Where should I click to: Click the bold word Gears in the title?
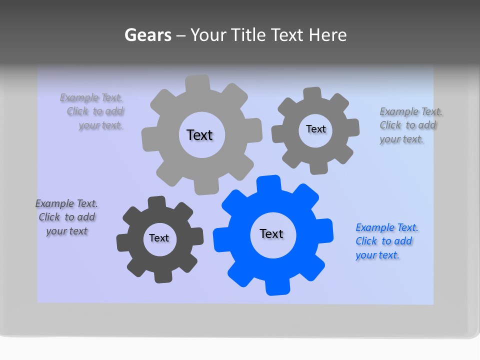click(x=148, y=35)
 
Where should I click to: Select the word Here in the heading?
click(x=327, y=35)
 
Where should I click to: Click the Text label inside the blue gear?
click(x=271, y=234)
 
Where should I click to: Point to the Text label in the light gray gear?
click(x=199, y=135)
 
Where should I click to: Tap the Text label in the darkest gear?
click(x=159, y=238)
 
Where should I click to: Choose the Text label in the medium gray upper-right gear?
click(x=315, y=129)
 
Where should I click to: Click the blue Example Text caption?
click(x=386, y=241)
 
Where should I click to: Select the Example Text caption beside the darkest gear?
click(x=66, y=217)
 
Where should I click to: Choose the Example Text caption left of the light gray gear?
click(x=92, y=111)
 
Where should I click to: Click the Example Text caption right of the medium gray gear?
click(x=410, y=125)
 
